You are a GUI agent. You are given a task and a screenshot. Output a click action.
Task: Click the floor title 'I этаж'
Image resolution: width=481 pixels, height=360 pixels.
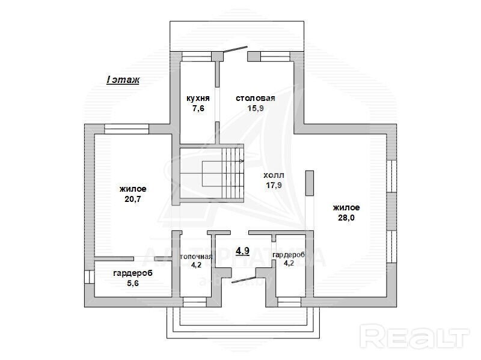[x=123, y=80]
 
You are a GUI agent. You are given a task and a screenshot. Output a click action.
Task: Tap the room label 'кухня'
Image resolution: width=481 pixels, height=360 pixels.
[x=198, y=99]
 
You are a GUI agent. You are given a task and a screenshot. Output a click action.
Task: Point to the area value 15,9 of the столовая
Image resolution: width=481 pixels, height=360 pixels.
[x=256, y=108]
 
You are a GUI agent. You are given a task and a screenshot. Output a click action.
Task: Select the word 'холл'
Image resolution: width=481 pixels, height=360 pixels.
[x=274, y=175]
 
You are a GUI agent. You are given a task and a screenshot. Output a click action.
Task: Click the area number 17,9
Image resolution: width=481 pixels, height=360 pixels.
[x=274, y=185]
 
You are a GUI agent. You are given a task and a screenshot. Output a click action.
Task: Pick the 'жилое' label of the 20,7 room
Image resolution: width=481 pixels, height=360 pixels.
[x=133, y=189]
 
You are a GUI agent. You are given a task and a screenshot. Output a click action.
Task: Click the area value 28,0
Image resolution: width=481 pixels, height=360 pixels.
[x=346, y=218]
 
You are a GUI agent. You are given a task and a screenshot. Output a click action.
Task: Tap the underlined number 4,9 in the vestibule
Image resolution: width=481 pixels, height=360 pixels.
[x=242, y=251]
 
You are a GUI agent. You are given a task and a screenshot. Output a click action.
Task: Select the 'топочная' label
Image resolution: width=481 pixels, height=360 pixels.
[x=196, y=257]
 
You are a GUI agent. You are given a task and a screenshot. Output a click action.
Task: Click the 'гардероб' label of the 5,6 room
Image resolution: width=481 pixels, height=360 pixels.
[x=133, y=273]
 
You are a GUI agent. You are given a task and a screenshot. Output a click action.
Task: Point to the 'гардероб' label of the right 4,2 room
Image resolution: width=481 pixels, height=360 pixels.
[x=289, y=255]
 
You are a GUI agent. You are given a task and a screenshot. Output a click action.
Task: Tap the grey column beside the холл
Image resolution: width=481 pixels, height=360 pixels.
[x=310, y=183]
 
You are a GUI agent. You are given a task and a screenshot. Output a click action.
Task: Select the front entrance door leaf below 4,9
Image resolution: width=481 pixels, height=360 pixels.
[x=244, y=279]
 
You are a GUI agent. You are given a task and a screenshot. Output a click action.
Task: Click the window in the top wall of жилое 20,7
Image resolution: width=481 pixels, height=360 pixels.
[x=126, y=129]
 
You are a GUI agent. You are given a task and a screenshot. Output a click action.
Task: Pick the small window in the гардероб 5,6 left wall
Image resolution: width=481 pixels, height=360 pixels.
[x=89, y=276]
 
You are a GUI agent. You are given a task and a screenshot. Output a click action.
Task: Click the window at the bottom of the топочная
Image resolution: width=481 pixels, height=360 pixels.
[x=194, y=302]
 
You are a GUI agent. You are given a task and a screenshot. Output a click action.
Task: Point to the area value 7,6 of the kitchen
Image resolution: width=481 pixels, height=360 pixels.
[x=198, y=108]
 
